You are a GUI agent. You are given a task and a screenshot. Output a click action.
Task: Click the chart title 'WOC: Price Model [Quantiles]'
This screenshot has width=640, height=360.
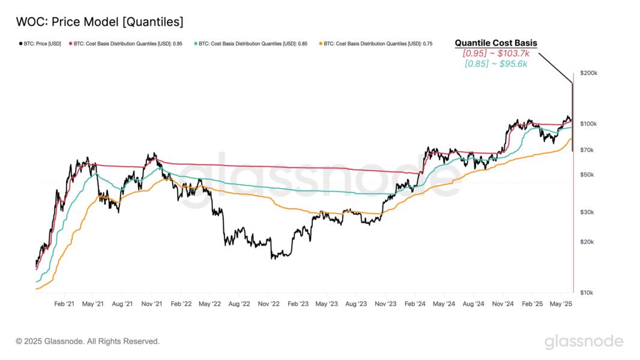(x=99, y=22)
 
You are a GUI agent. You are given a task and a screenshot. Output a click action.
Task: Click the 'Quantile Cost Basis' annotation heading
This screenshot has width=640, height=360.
(x=495, y=43)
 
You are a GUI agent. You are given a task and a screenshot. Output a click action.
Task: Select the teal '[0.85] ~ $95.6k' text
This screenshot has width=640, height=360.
(x=495, y=64)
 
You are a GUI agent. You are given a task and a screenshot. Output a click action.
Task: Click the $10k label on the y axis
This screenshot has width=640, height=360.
(x=586, y=292)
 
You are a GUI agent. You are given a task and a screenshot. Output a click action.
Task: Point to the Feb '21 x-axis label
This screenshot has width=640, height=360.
(x=64, y=304)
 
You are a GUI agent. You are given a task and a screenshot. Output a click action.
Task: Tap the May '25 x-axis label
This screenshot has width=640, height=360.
(x=561, y=304)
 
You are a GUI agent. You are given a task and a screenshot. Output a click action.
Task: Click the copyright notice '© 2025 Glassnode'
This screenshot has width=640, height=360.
(x=88, y=341)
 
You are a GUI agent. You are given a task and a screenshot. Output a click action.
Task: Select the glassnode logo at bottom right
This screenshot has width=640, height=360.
(x=584, y=341)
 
